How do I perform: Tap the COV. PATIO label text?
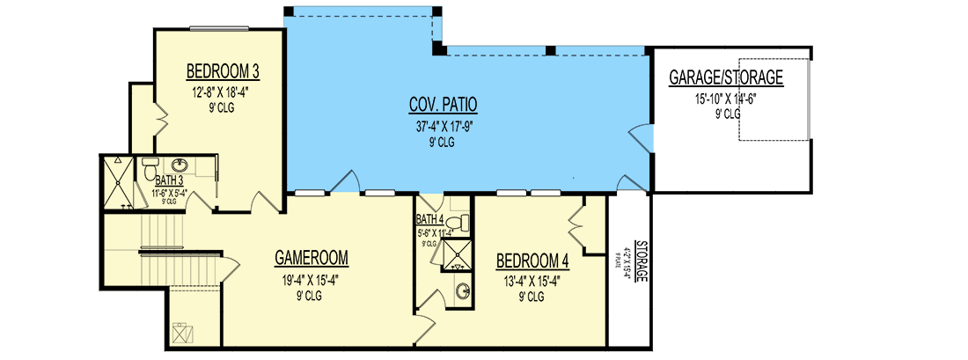[443, 105]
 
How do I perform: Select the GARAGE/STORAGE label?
[726, 78]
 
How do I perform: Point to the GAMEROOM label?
[311, 258]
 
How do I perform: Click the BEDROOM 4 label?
[532, 261]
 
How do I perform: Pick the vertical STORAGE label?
[642, 261]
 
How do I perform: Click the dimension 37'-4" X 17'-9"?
[443, 125]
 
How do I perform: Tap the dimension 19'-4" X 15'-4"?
[311, 280]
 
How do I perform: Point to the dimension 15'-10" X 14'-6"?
[725, 99]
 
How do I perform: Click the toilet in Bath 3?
[149, 166]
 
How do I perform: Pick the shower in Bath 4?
[456, 256]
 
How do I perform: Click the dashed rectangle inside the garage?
[773, 101]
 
